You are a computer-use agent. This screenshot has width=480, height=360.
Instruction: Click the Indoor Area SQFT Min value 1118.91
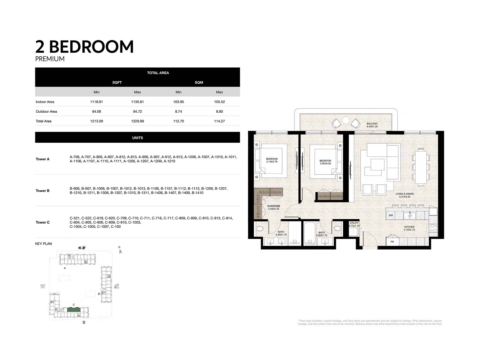[x=97, y=102]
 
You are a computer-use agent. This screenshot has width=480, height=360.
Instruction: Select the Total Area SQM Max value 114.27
[x=219, y=121]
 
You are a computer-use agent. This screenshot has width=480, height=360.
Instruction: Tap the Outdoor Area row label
[x=46, y=111]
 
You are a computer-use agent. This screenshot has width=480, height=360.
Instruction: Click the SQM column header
[x=199, y=82]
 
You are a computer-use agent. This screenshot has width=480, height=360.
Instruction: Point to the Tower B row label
[x=43, y=191]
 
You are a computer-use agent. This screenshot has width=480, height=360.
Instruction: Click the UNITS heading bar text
[x=138, y=138]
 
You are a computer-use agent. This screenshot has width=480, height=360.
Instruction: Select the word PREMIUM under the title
[x=50, y=59]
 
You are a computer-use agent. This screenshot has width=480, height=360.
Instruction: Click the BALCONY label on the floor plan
[x=372, y=124]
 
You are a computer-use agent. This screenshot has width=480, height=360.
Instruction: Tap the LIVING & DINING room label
[x=405, y=194]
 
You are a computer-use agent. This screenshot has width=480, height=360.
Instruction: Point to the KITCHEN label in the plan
[x=409, y=227]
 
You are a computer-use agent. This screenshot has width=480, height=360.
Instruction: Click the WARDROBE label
[x=274, y=206]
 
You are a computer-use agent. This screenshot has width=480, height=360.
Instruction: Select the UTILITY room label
[x=354, y=223]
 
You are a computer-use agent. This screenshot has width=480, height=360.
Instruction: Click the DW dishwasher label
[x=391, y=215]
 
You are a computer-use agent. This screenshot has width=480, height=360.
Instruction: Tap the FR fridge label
[x=392, y=242]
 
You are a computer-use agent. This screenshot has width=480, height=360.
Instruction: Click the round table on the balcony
[x=346, y=120]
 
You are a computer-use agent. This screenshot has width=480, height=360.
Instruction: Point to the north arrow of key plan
[x=121, y=251]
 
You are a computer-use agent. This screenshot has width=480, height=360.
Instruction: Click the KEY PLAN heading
[x=43, y=244]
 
